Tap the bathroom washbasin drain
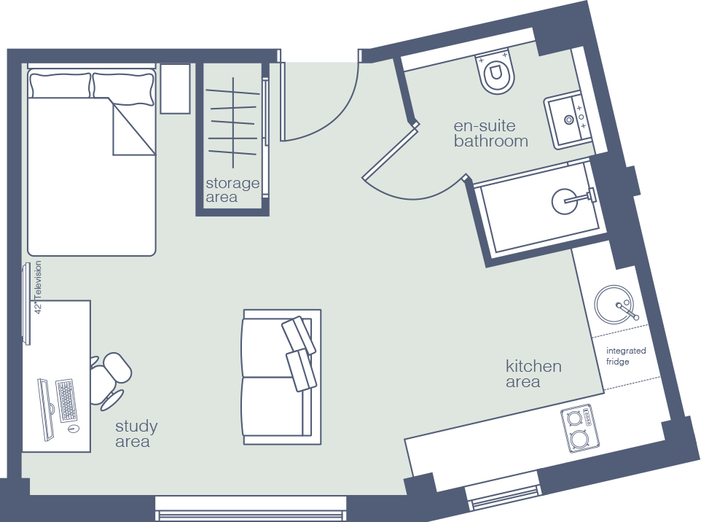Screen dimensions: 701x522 568,120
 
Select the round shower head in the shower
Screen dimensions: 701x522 565,201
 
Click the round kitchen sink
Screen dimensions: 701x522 614,304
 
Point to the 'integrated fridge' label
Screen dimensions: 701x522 626,356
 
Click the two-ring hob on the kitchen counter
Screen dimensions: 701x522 579,429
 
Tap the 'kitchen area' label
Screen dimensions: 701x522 533,373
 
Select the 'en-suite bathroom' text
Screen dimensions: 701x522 490,133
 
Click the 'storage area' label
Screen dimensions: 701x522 232,190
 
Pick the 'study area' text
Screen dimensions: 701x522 136,434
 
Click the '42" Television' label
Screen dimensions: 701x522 38,287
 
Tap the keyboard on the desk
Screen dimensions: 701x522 66,400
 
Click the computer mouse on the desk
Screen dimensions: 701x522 74,429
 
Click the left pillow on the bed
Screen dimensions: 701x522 60,85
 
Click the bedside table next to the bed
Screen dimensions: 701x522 175,88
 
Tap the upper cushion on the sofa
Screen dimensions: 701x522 299,335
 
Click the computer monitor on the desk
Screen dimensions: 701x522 46,409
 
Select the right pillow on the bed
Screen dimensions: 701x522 123,88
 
